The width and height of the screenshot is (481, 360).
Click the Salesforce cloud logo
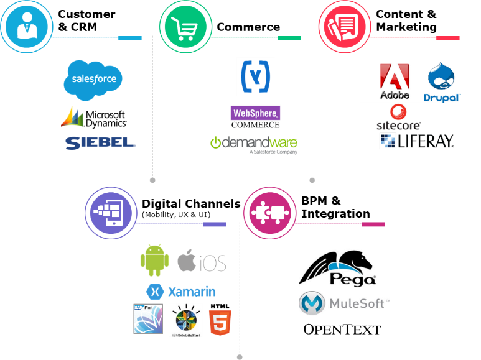pos(93,80)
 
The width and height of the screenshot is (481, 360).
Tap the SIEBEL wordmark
pos(100,142)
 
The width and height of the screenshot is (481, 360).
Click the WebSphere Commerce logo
pos(255,117)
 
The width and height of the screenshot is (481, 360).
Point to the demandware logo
pos(253,143)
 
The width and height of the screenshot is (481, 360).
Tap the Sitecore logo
pos(398,118)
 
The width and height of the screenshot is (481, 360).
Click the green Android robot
pos(154,260)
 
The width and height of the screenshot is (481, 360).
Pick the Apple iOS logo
pos(202,261)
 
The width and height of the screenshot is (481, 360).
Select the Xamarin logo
pos(181,291)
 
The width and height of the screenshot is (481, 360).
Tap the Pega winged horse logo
pos(339,267)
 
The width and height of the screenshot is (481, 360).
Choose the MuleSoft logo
pos(343,303)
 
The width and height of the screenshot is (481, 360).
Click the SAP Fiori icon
pos(148,318)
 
